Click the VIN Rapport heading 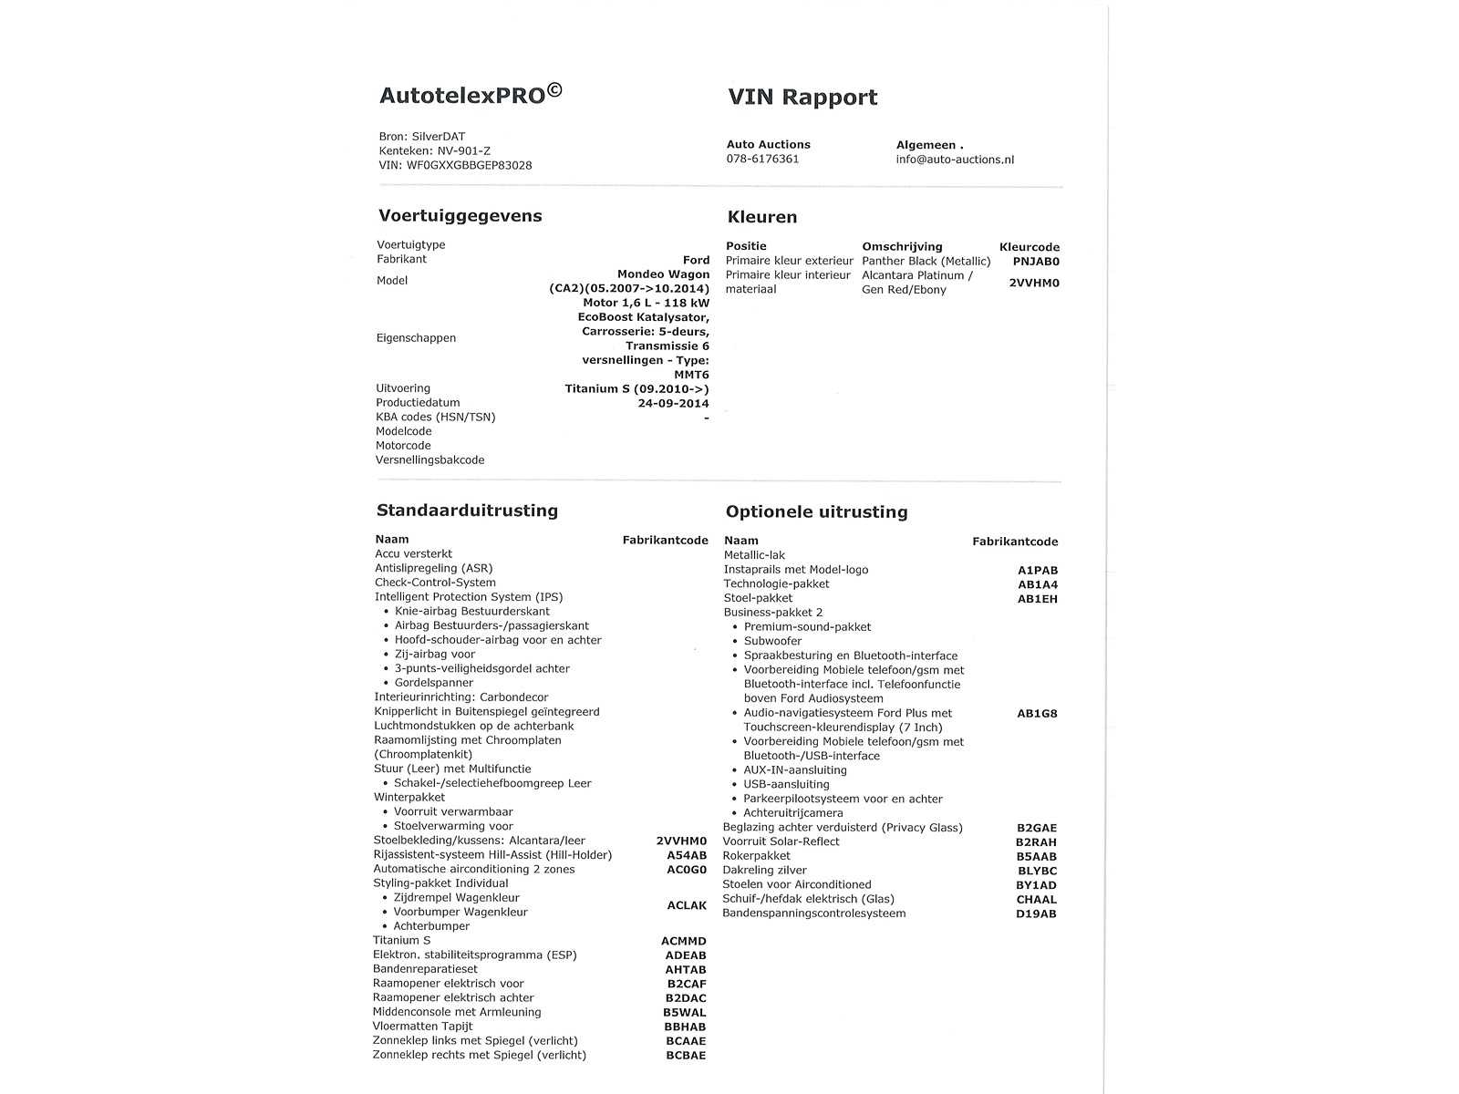[802, 98]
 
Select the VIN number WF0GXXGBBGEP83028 [469, 166]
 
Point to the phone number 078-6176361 [762, 159]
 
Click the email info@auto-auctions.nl [955, 160]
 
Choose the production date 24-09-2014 [673, 403]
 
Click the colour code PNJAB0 [1036, 262]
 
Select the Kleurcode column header [1030, 247]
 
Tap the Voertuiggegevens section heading [460, 216]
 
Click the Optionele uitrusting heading [816, 512]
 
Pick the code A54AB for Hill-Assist [687, 855]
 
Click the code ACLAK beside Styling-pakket [687, 905]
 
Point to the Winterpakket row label [409, 798]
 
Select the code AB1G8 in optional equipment [1037, 714]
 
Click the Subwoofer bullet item [772, 641]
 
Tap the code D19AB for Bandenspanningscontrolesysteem [1036, 913]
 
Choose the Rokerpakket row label [757, 856]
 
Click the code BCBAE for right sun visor [686, 1056]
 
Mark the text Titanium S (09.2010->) [636, 389]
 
